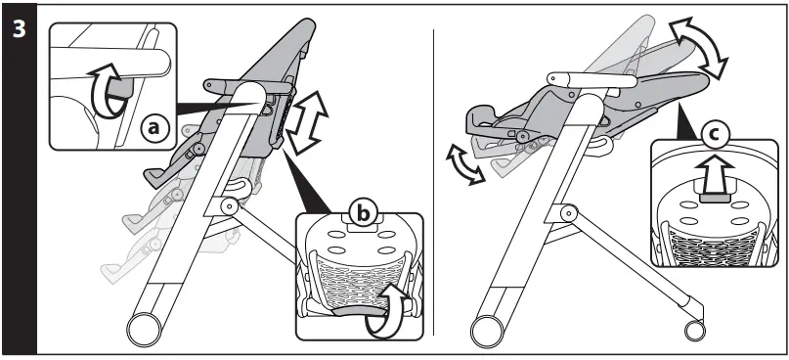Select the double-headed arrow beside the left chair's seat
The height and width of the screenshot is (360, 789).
pos(307,122)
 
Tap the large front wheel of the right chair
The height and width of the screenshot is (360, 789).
pos(486,331)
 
